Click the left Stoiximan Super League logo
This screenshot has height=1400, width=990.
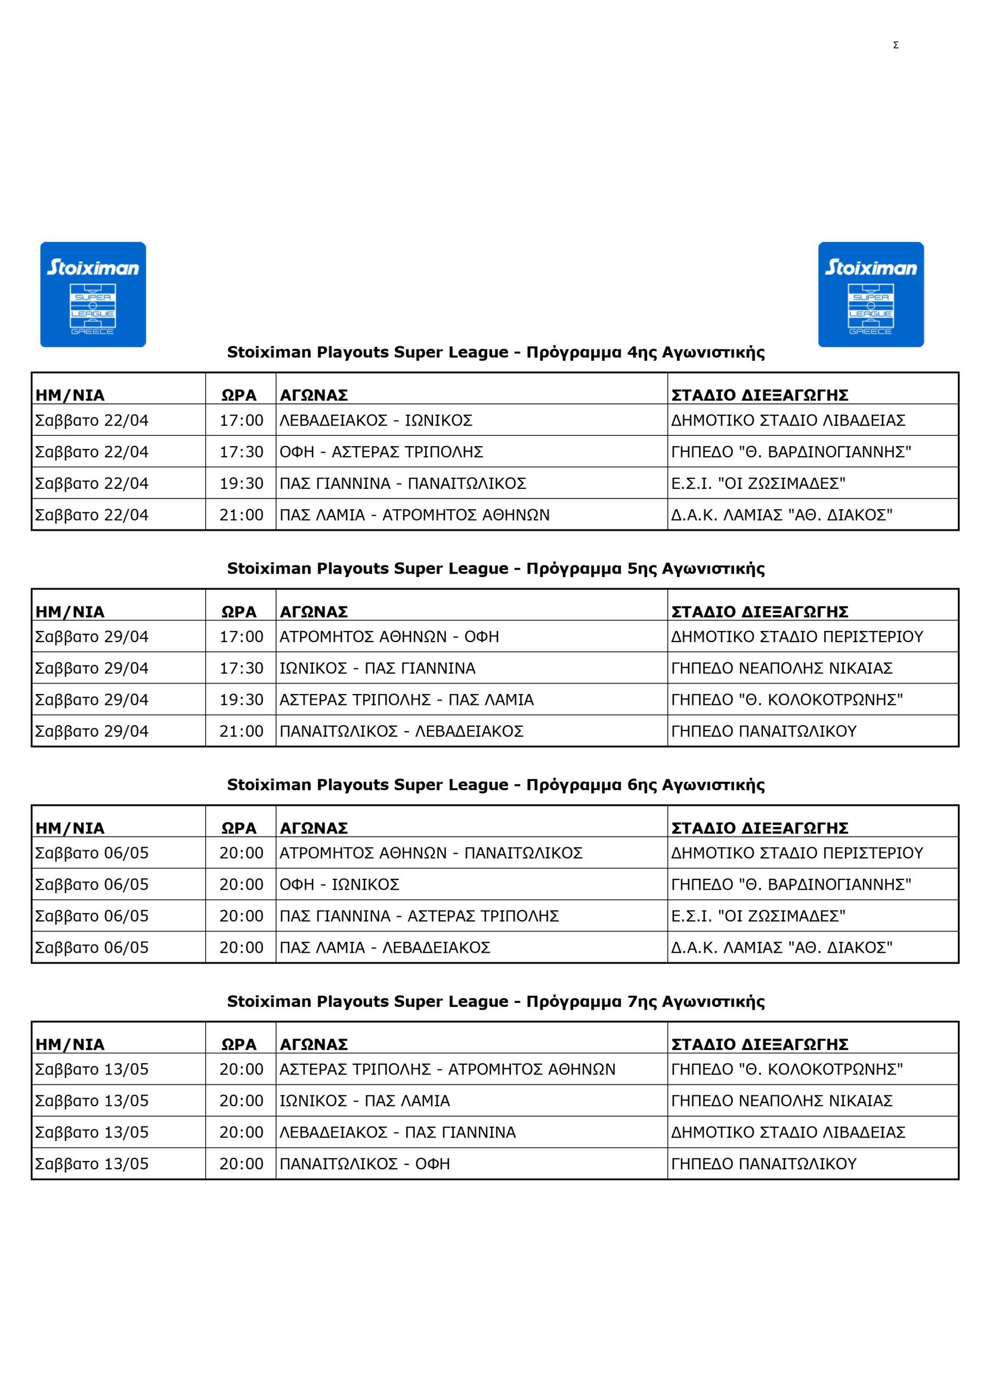click(93, 295)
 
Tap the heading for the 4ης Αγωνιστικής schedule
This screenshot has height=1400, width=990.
click(496, 352)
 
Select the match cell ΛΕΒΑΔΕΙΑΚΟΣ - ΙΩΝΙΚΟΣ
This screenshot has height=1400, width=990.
click(376, 420)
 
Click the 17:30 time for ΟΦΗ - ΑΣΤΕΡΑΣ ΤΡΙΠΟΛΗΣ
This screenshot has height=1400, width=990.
click(242, 452)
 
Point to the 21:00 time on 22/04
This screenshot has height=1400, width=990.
click(242, 515)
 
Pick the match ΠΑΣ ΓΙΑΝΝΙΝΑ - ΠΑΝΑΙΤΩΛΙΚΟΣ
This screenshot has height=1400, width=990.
click(403, 483)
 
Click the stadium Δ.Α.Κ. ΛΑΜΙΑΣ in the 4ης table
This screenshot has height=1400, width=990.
click(782, 515)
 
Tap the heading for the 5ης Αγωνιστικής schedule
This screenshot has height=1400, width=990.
click(496, 568)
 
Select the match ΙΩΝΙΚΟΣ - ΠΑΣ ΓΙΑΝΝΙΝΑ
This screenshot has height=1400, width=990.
click(377, 668)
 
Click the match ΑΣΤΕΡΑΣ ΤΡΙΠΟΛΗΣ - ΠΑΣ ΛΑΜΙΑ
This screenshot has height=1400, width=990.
click(406, 699)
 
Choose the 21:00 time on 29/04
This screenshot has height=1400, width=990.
click(242, 731)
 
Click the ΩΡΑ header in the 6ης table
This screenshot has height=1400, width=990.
click(239, 828)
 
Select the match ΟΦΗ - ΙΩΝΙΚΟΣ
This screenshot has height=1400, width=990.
click(339, 884)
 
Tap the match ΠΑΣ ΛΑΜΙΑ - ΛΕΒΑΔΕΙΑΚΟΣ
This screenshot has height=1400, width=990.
click(385, 948)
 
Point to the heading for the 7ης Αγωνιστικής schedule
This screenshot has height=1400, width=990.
click(496, 1001)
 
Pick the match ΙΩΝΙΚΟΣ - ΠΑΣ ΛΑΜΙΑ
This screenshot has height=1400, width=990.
click(365, 1101)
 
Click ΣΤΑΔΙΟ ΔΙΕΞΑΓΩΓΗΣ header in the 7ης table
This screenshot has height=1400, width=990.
click(759, 1045)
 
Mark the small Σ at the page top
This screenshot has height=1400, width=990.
click(895, 45)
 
